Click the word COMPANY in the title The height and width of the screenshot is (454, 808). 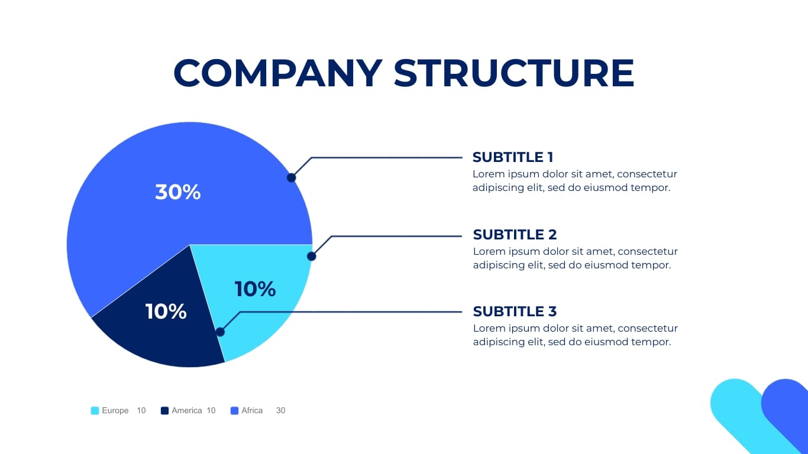[x=277, y=74]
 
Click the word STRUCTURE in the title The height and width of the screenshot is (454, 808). [x=513, y=74]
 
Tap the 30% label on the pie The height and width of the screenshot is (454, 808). [x=178, y=192]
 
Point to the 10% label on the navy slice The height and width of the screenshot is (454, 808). [x=166, y=312]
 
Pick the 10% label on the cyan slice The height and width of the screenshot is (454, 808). [x=255, y=289]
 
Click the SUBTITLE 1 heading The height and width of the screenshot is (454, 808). [x=513, y=157]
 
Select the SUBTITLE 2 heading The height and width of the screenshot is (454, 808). [x=515, y=234]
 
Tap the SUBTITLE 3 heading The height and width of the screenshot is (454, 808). [x=515, y=312]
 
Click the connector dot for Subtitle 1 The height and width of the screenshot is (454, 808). [x=291, y=177]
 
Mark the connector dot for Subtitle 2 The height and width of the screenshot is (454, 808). [x=312, y=257]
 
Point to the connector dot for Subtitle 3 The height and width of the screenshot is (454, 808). [x=220, y=332]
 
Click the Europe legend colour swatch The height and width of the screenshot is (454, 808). [x=95, y=411]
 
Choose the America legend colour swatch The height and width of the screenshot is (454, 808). [x=164, y=411]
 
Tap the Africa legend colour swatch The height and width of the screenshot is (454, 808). [x=234, y=411]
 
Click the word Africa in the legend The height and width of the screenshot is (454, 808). [x=252, y=411]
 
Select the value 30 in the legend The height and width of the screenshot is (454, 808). [x=280, y=411]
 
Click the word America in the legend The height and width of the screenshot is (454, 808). [x=186, y=411]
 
